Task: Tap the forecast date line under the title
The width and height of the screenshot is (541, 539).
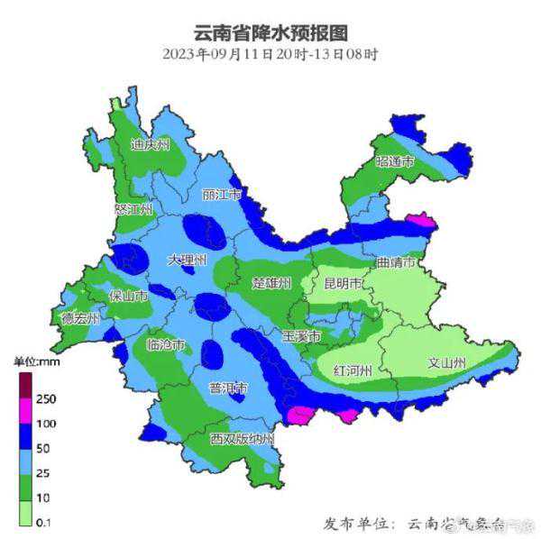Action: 270,54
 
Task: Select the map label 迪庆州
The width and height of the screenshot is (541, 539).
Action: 150,144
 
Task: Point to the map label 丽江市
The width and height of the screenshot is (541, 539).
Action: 222,195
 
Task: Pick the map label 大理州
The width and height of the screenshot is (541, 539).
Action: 188,260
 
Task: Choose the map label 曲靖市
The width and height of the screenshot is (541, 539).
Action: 397,264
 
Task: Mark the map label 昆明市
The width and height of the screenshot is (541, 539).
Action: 344,285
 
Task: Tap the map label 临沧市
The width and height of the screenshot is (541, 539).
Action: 166,345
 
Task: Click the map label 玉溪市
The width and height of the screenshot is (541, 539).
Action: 300,336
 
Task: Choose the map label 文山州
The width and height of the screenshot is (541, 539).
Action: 446,364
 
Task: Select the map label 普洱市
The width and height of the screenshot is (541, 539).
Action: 228,389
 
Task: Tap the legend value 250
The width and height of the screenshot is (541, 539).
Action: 47,398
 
